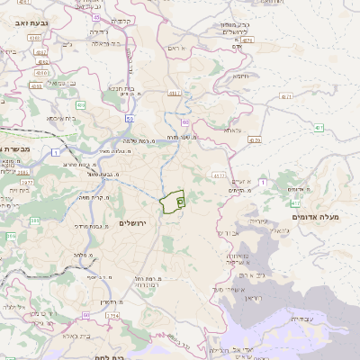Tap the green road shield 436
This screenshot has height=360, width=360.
[x=80, y=105]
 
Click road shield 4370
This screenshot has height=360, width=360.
[x=254, y=140]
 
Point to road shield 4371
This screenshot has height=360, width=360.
[x=286, y=95]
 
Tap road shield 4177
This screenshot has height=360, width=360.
[x=220, y=175]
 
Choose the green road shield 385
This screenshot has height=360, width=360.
[x=12, y=236]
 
